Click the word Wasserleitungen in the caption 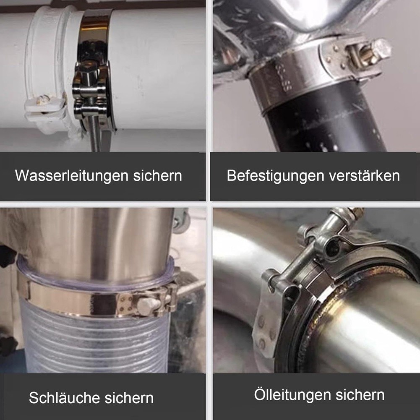(x=72, y=176)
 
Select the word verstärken (x=364, y=176)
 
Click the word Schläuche (x=64, y=398)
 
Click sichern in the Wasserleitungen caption (x=158, y=176)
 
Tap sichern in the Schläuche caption (x=129, y=398)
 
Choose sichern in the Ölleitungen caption (x=360, y=395)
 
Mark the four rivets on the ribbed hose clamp (x=125, y=304)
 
